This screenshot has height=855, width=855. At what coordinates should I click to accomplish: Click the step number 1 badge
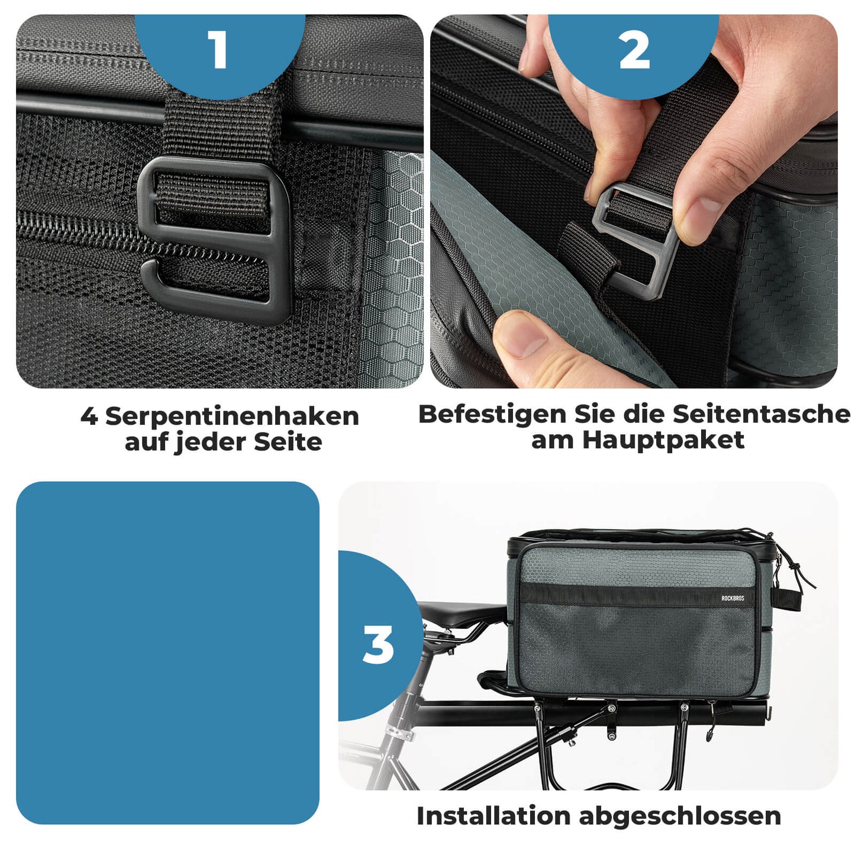click(219, 50)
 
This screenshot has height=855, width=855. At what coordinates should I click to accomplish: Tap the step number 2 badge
click(634, 51)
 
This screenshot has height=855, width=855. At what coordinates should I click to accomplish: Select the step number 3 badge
click(378, 644)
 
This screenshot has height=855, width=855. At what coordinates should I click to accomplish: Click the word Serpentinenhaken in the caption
click(232, 417)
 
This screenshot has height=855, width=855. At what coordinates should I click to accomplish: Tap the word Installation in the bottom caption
click(493, 816)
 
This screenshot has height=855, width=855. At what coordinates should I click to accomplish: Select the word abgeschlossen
click(680, 817)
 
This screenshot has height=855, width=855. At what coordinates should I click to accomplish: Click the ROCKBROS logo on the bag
click(733, 598)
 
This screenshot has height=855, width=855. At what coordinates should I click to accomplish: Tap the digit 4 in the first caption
click(89, 417)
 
